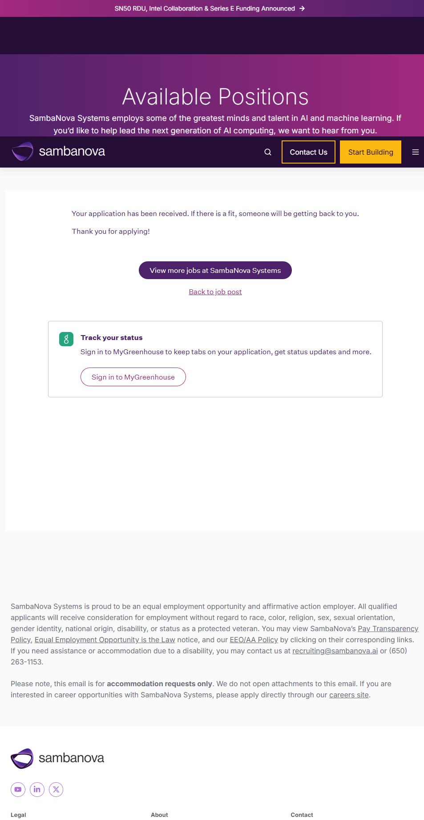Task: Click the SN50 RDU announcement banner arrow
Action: [302, 8]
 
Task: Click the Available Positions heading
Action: [215, 97]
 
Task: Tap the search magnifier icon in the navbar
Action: [268, 152]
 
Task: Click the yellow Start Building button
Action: [370, 152]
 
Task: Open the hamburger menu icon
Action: [415, 152]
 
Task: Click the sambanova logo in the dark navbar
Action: [58, 152]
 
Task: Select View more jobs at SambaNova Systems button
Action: [215, 270]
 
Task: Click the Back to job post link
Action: [215, 292]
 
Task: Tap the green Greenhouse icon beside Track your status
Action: [66, 339]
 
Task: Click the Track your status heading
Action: [112, 338]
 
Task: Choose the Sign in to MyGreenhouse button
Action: [133, 377]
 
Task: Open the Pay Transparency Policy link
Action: [388, 628]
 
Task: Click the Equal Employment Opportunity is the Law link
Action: [105, 640]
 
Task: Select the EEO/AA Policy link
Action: [254, 640]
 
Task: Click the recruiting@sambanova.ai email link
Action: [335, 651]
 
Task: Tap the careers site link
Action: [349, 695]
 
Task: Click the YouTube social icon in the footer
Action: [18, 789]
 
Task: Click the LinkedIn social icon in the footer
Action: [37, 789]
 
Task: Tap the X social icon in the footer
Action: [56, 789]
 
